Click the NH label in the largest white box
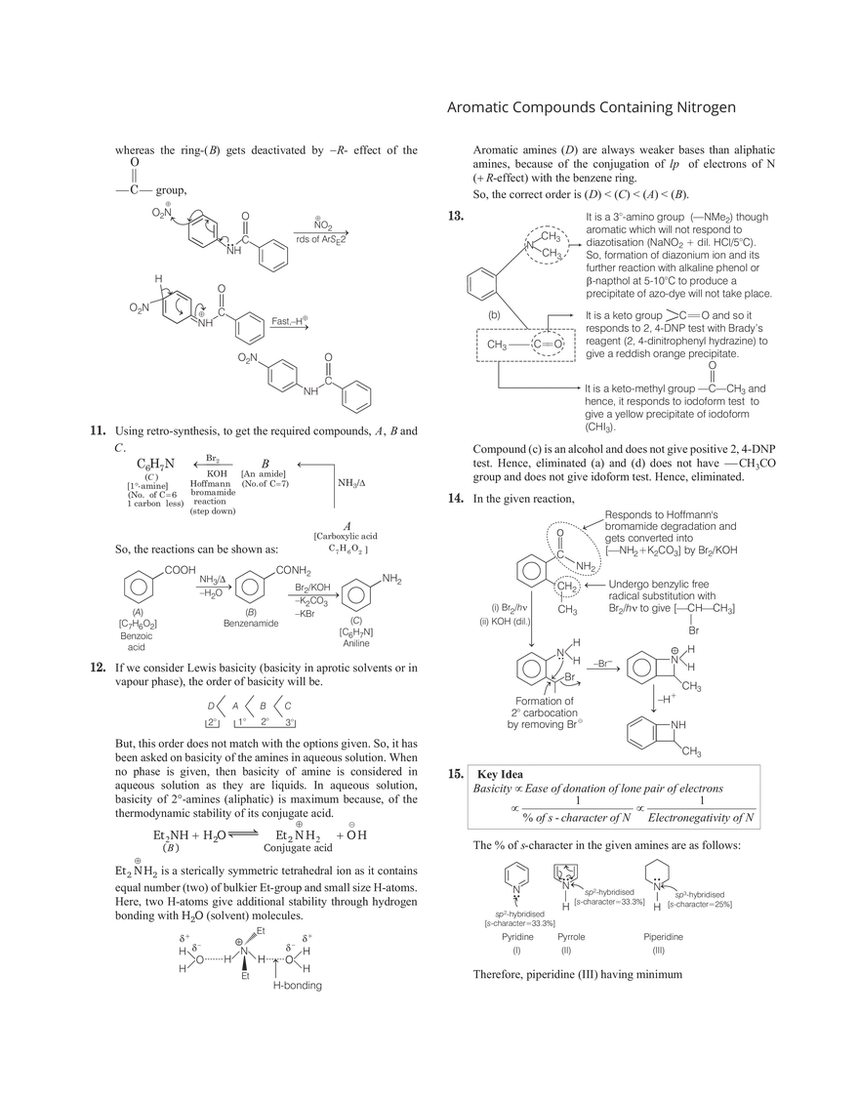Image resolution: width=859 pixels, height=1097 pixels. click(x=206, y=323)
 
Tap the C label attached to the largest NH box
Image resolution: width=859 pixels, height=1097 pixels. click(x=222, y=311)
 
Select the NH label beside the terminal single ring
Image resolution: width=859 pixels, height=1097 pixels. click(x=310, y=391)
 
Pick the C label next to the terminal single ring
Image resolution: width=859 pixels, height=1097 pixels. click(x=327, y=381)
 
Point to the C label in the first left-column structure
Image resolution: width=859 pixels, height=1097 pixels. click(x=245, y=239)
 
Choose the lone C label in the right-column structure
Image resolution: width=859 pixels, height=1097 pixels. click(x=560, y=554)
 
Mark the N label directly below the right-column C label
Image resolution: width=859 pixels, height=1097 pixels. click(x=560, y=652)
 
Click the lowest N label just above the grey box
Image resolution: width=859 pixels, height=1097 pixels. click(x=675, y=725)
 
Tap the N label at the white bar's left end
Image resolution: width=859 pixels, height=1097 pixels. click(x=515, y=887)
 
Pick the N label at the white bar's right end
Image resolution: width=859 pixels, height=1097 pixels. click(x=564, y=885)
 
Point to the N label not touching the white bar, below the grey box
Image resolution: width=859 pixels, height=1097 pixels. click(x=656, y=886)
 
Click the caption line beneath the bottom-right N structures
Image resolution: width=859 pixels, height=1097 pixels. click(x=576, y=974)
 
